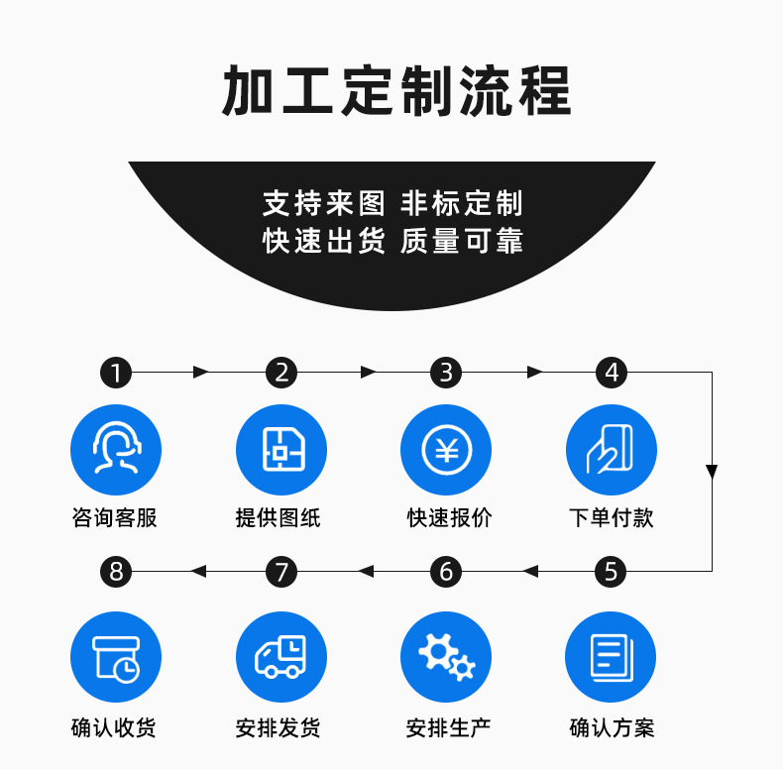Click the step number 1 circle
(116, 373)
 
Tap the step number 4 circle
(612, 373)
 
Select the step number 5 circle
(611, 571)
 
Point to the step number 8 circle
(116, 571)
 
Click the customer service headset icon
(116, 450)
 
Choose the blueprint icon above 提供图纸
(281, 450)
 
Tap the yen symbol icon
(446, 450)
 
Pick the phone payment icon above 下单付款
(611, 450)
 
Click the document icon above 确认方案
(611, 656)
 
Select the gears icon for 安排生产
(446, 656)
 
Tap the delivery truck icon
(281, 656)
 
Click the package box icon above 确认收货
(116, 656)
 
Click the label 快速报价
(448, 517)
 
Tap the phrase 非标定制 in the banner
(461, 204)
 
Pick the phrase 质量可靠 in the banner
(461, 241)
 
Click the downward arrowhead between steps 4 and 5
(712, 471)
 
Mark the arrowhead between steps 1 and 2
(201, 373)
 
